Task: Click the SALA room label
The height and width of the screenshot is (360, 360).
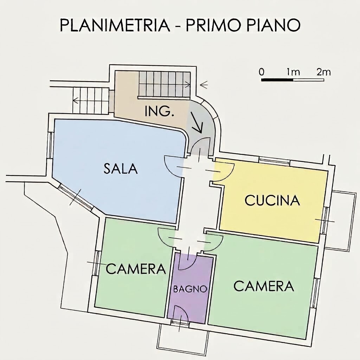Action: coord(121,168)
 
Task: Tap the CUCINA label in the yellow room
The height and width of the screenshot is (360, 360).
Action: coord(272,200)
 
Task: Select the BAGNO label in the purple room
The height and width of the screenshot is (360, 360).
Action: coord(190,289)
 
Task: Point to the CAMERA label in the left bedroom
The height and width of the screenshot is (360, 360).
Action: coord(136,269)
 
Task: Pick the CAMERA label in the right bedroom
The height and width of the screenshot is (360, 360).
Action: coord(264,286)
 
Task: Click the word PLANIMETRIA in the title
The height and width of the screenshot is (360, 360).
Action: coord(115,25)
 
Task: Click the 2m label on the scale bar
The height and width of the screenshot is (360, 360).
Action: coord(323,72)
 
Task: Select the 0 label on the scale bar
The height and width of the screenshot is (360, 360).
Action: coord(262,72)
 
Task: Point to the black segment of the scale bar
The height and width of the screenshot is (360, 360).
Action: coord(277,80)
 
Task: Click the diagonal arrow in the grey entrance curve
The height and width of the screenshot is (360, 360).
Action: coord(197,123)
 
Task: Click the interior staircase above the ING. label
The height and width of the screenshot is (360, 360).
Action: coord(165,84)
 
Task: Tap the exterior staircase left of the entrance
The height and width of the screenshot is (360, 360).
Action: coord(91,101)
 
